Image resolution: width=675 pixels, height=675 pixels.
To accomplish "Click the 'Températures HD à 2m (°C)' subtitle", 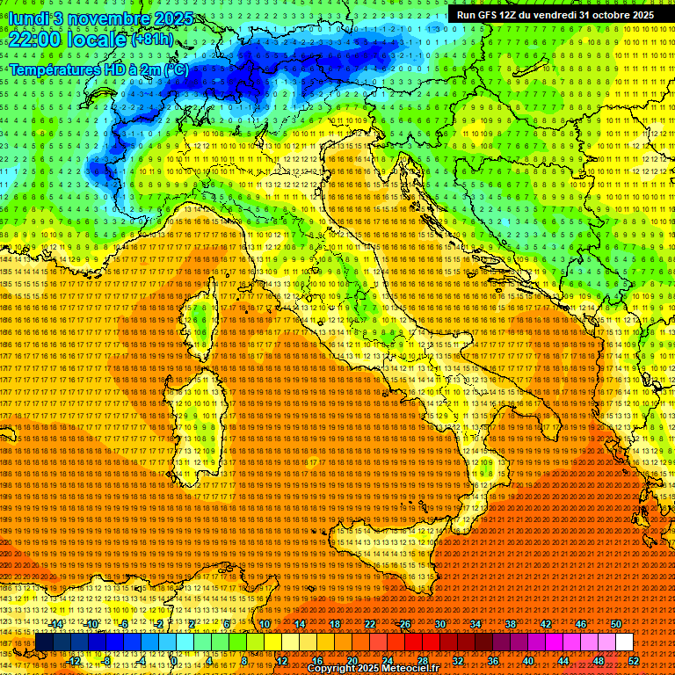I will pyautogui.click(x=98, y=69).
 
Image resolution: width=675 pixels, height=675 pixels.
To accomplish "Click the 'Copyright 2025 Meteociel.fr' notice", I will pyautogui.click(x=373, y=669).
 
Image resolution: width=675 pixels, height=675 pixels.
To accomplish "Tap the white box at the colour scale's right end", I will pyautogui.click(x=624, y=642).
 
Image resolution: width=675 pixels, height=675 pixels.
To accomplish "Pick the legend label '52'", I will pyautogui.click(x=633, y=661).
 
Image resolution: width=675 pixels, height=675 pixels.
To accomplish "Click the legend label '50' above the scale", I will pyautogui.click(x=615, y=624).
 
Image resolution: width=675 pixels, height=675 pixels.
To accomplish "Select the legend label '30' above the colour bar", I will pyautogui.click(x=439, y=624).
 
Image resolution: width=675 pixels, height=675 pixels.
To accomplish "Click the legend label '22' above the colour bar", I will pyautogui.click(x=369, y=624).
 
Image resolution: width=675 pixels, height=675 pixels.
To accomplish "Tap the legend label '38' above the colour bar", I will pyautogui.click(x=510, y=624).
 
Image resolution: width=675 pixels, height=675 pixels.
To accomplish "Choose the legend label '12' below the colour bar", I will pyautogui.click(x=281, y=661).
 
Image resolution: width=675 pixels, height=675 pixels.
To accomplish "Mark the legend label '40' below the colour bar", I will pyautogui.click(x=527, y=661).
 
